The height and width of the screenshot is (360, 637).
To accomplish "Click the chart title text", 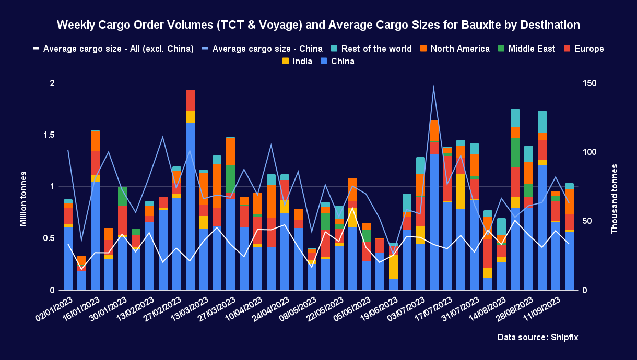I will point(318,25).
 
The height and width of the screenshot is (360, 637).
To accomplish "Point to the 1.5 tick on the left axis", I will point(51,135).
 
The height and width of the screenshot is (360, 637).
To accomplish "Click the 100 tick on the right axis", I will point(590,152).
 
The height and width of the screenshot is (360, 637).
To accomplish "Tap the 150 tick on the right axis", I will point(590,83).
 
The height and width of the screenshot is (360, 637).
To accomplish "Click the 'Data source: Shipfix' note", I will point(538,338).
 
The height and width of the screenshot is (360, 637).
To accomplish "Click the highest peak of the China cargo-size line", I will point(433,87).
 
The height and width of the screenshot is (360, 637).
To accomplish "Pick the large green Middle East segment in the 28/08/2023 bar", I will point(515,152).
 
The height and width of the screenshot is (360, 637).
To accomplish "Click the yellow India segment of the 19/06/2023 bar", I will point(393,267).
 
